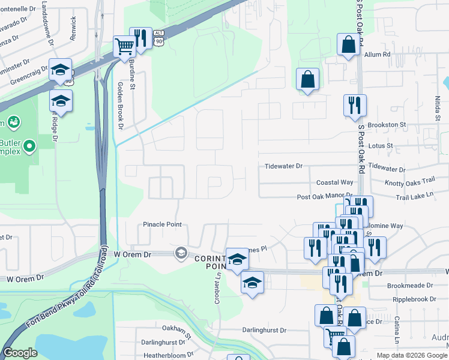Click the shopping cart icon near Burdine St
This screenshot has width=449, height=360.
[124, 46]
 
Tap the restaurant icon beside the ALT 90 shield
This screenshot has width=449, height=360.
[140, 37]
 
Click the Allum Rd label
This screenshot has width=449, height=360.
[378, 54]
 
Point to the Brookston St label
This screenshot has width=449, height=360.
[387, 125]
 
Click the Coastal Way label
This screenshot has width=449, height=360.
[335, 182]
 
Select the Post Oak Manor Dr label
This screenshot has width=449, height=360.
[325, 197]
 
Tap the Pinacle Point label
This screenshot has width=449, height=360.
[162, 224]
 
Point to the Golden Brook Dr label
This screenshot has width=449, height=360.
[120, 106]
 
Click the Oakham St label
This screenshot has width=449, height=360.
[176, 329]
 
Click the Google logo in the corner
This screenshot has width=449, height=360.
[20, 353]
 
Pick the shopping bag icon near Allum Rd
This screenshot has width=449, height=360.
[349, 44]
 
